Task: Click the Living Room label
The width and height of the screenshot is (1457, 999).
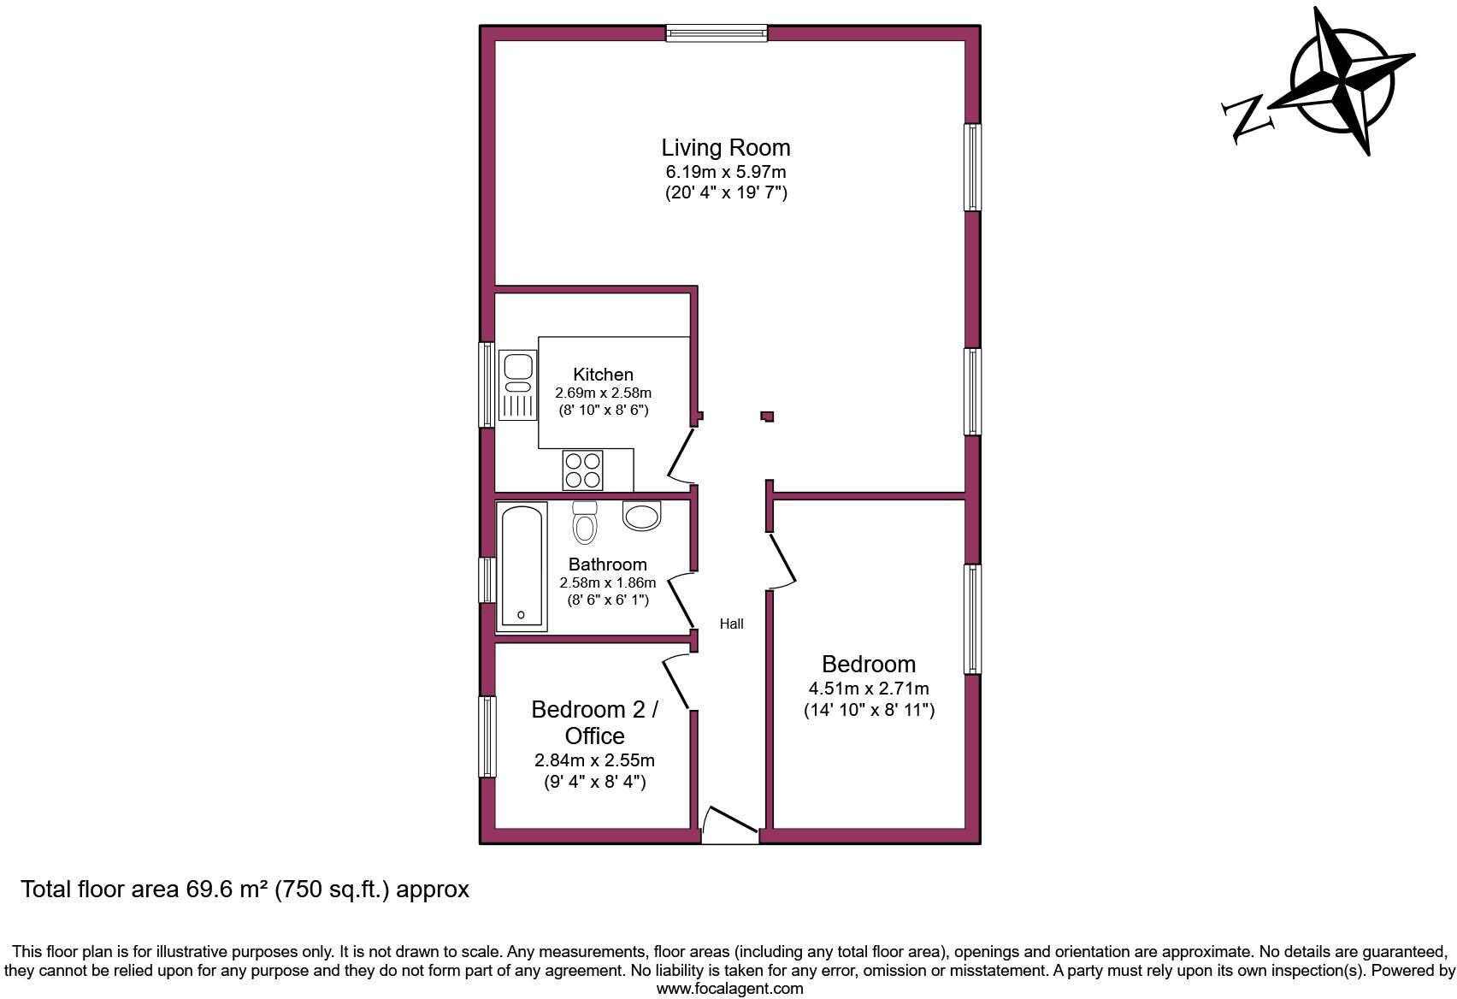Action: click(725, 147)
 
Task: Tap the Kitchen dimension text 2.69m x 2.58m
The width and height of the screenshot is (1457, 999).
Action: click(603, 393)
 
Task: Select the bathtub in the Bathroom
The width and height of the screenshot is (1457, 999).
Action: click(521, 566)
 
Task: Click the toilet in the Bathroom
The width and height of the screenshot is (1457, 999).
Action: click(585, 521)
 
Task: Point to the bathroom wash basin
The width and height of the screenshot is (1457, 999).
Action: click(642, 516)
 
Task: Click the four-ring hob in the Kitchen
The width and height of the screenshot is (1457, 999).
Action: click(582, 470)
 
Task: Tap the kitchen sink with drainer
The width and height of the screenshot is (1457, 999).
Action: click(516, 385)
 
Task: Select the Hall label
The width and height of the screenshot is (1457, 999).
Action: click(731, 624)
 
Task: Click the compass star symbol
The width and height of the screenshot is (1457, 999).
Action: click(1343, 82)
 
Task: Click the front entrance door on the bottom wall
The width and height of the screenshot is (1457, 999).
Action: click(729, 823)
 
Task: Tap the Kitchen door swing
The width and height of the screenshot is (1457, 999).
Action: click(681, 455)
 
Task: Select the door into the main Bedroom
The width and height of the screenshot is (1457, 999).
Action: click(782, 561)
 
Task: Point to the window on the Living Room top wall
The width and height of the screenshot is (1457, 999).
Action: click(717, 33)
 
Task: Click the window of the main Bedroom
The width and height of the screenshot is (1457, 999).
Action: click(973, 618)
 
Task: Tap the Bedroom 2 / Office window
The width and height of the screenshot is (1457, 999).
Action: click(487, 736)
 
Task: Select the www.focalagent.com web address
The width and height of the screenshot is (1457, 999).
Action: click(729, 989)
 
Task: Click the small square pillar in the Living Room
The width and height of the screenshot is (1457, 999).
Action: click(767, 417)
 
